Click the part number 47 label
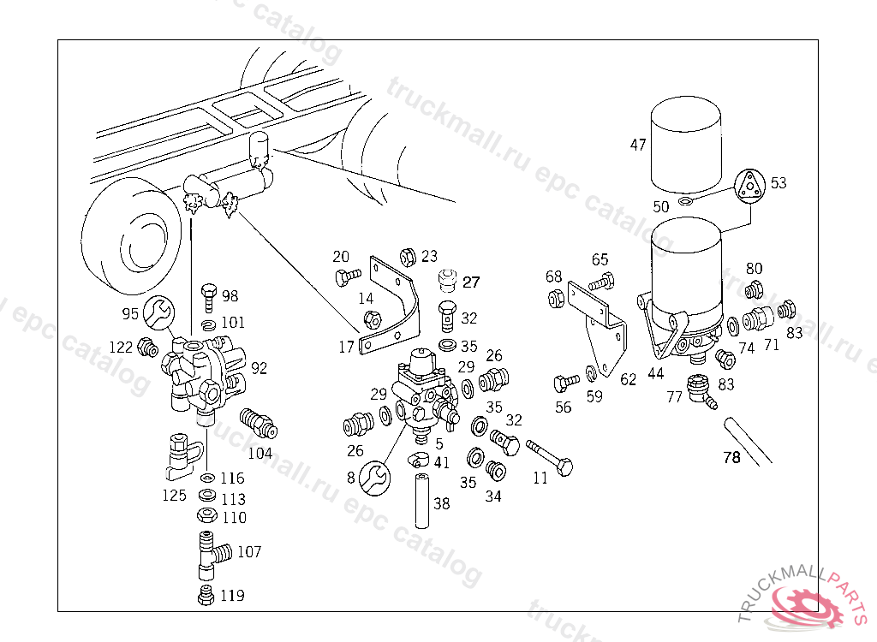(x=638, y=145)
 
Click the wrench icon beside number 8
(x=373, y=477)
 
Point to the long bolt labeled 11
(x=549, y=458)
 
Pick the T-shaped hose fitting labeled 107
(x=211, y=553)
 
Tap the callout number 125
(x=175, y=494)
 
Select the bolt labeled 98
(x=209, y=299)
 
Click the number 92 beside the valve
(x=260, y=368)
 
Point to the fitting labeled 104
(x=256, y=422)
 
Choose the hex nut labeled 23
(x=409, y=256)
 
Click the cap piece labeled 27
(x=445, y=280)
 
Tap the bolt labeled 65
(x=602, y=279)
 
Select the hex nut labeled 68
(x=555, y=299)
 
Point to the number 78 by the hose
(x=731, y=457)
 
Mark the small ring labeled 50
(x=686, y=201)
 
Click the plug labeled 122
(x=147, y=348)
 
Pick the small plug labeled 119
(x=206, y=596)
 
